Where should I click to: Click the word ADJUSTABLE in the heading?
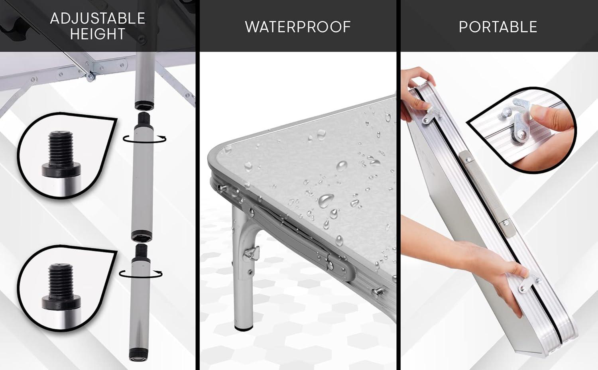[97, 18]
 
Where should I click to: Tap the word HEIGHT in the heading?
[97, 34]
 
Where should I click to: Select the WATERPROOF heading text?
[298, 27]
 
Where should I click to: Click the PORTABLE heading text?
[498, 27]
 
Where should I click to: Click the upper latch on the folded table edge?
[431, 115]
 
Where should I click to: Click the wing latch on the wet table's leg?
[252, 253]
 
